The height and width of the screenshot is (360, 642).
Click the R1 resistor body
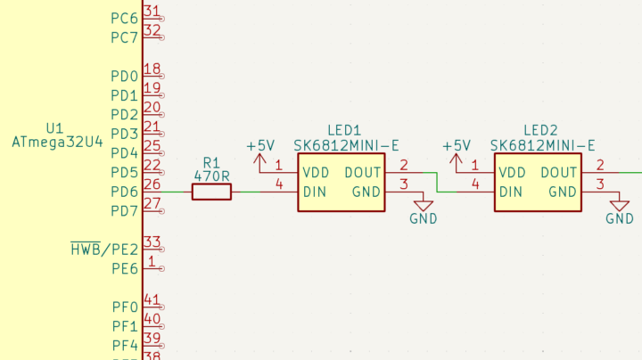coord(211,192)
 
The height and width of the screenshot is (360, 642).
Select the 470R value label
coord(211,176)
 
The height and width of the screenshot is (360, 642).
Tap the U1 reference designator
coord(55,127)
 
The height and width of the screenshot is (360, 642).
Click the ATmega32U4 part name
coord(57,141)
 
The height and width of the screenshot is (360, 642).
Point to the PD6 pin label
coord(124,192)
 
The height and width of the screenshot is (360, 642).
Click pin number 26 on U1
coord(152,184)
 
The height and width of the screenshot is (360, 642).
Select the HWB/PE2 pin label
coord(104,250)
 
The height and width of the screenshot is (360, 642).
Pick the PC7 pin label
coord(124,37)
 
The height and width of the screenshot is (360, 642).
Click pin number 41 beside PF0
coord(152,299)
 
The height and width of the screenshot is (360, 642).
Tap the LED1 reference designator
coord(343,129)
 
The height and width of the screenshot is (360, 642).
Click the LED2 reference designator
coord(540,129)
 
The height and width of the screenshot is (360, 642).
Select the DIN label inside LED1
coord(313,192)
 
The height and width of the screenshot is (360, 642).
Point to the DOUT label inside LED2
coord(559,172)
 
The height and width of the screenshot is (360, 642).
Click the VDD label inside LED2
coord(512,172)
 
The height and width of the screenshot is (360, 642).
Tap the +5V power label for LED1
coord(260,145)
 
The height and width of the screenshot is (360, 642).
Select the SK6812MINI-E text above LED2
coord(542,145)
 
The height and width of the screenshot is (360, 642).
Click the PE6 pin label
coord(124,268)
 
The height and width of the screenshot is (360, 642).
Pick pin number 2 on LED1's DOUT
coord(404,165)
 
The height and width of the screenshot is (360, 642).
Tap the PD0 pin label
coord(124,76)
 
